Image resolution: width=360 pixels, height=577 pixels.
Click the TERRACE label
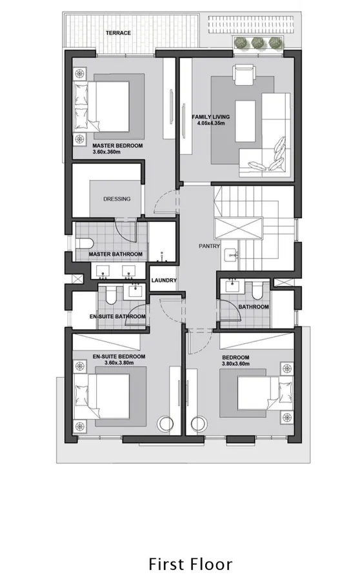[119, 33]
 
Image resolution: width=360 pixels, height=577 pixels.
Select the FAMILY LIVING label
[210, 117]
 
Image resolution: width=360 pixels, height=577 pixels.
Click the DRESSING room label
[117, 199]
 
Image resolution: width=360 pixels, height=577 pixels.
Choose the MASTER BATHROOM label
[115, 254]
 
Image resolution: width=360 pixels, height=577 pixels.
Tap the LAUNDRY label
[164, 280]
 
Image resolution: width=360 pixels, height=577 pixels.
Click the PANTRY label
[209, 246]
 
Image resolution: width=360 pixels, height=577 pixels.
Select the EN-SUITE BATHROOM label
[117, 317]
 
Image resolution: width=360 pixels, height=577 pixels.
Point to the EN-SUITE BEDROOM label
[119, 356]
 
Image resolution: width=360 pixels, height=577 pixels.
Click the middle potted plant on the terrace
[259, 43]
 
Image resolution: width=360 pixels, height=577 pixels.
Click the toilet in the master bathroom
[85, 243]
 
